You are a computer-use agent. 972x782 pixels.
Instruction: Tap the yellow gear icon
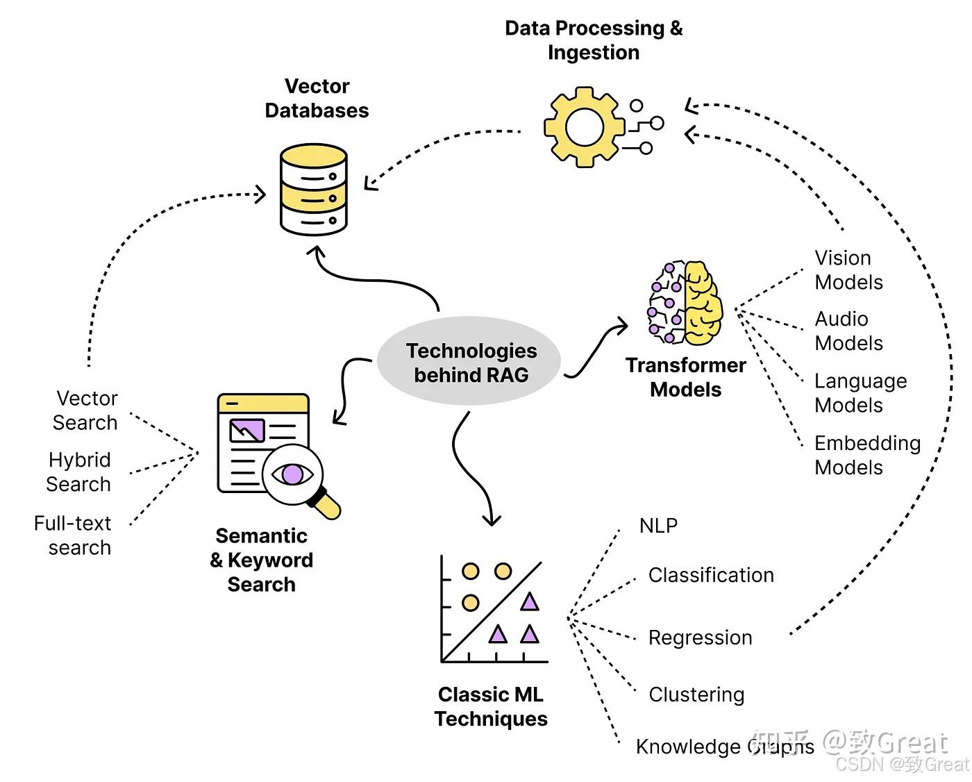coord(584,126)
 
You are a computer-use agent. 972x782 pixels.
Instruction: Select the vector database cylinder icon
coord(314,190)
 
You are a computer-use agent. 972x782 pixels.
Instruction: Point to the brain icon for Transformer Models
coord(685,303)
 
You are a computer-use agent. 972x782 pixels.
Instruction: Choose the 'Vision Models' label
coord(848,270)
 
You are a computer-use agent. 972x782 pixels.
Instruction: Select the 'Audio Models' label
coord(848,331)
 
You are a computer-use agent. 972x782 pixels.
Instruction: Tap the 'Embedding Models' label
coord(867,455)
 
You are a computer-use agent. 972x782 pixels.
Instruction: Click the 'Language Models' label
coord(860,393)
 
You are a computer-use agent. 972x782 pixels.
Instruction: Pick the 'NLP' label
coord(657,526)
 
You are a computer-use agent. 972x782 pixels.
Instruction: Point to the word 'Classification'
coord(711,575)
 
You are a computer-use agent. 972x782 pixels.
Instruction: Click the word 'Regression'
coord(700,638)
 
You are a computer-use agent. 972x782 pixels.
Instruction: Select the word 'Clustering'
coord(696,694)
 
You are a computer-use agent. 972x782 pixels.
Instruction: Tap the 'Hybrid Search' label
coord(78,472)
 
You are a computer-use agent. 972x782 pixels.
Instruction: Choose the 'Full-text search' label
coord(73,535)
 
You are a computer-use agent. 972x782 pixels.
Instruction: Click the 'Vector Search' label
coord(85,410)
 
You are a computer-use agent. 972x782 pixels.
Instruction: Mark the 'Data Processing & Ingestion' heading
coord(594,40)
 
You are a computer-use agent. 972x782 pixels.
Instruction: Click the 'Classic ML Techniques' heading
coord(491,706)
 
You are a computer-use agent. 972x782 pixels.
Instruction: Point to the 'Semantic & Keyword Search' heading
coord(262,560)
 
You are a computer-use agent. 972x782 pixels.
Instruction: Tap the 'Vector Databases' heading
coord(317,98)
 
